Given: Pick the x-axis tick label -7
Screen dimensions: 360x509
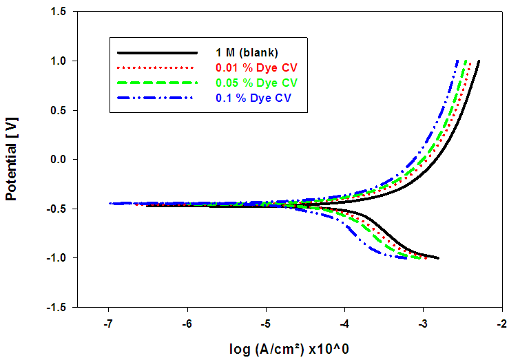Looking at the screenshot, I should [108, 324].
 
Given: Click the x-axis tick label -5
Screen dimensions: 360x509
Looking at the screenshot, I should [266, 324].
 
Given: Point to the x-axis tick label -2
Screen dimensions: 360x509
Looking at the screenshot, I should [503, 324].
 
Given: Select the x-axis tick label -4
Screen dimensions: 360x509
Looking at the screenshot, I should [345, 324].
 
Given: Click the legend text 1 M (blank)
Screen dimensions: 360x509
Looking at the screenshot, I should [247, 52].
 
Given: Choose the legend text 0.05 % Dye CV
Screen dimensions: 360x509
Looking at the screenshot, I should [256, 83].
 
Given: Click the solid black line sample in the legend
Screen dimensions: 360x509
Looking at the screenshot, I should [157, 52].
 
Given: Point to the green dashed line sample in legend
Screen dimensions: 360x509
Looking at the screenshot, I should [157, 83].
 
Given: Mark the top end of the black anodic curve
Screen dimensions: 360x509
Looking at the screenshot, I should [479, 61].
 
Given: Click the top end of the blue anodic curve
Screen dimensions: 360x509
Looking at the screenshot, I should [457, 61].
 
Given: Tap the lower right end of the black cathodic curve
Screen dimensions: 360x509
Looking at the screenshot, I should [438, 258].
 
